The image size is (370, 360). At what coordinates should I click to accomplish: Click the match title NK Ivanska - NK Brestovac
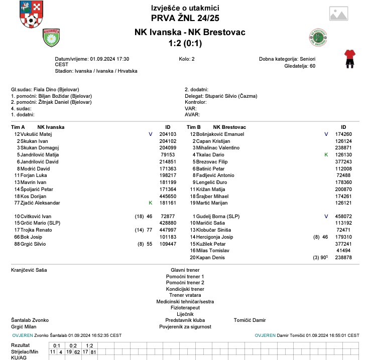(190, 32)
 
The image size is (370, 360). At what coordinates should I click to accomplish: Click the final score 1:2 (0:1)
(190, 44)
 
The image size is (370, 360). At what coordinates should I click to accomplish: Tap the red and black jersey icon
(349, 58)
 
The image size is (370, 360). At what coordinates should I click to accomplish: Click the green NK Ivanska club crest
(51, 38)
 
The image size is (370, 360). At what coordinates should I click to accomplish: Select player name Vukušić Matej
(36, 134)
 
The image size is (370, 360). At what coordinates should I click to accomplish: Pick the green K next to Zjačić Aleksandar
(150, 203)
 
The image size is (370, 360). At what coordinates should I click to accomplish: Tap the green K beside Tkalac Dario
(326, 155)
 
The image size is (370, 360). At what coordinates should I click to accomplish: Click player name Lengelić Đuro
(211, 182)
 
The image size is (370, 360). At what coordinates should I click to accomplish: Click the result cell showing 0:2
(73, 345)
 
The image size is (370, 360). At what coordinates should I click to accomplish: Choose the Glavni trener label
(185, 270)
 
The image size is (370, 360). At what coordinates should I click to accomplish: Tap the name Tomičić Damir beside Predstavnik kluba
(250, 320)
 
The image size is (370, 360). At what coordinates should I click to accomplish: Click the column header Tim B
(194, 127)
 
